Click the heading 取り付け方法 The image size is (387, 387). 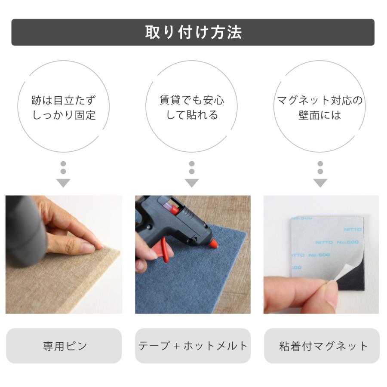pyautogui.click(x=193, y=33)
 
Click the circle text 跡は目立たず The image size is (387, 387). pyautogui.click(x=63, y=101)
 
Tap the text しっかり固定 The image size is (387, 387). pyautogui.click(x=63, y=116)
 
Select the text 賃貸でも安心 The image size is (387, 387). pyautogui.click(x=192, y=101)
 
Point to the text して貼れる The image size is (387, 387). pyautogui.click(x=192, y=116)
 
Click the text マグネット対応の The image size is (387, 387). pyautogui.click(x=319, y=101)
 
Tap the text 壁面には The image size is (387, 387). pyautogui.click(x=319, y=116)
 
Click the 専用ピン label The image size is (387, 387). pyautogui.click(x=64, y=346)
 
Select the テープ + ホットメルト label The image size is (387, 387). pyautogui.click(x=193, y=346)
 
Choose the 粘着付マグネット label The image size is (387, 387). pyautogui.click(x=322, y=346)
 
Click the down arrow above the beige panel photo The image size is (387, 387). pyautogui.click(x=63, y=183)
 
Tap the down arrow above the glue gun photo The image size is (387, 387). pyautogui.click(x=192, y=183)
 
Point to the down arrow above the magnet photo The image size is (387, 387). pyautogui.click(x=320, y=183)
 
